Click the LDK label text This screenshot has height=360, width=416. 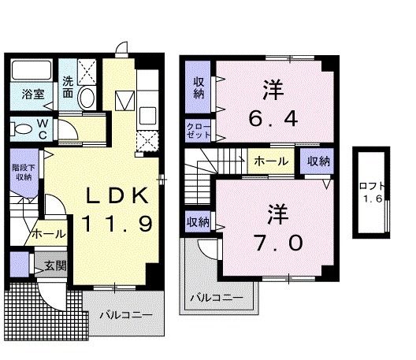pos(117,195)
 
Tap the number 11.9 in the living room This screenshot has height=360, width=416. pos(117,224)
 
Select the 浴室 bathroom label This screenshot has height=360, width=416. pos(33,95)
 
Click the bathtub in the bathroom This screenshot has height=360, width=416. pos(32,70)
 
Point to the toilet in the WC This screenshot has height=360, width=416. pos(21,129)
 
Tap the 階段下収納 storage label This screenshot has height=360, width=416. pos(24,173)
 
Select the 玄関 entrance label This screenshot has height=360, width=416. pos(55,265)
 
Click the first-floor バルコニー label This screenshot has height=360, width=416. pos(126,315)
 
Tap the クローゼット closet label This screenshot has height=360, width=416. pos(199,131)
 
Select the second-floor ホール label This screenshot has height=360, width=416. pos(271,161)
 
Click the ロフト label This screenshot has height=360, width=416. pos(372,186)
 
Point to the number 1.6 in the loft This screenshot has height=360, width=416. pos(373,199)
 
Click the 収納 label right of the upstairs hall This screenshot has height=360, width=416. pos(318,161)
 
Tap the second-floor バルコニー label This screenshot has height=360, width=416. pos(217,298)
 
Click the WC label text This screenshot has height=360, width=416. pos(43,129)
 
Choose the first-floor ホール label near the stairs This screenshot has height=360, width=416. pos(49,234)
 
